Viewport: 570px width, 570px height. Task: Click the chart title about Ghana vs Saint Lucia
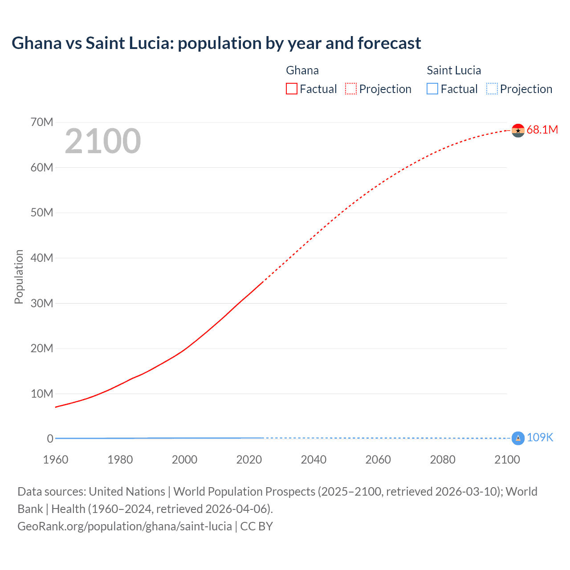click(216, 43)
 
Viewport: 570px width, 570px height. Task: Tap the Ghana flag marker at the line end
click(518, 130)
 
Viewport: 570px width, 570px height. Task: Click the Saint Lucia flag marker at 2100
click(518, 438)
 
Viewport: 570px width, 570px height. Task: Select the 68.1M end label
click(542, 130)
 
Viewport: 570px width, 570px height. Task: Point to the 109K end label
click(540, 438)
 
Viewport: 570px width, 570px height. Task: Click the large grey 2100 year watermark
click(103, 141)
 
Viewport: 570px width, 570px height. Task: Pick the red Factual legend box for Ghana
click(292, 89)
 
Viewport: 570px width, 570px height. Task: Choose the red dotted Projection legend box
click(351, 89)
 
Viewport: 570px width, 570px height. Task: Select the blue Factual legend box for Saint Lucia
click(432, 89)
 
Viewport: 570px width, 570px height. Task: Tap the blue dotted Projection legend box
click(492, 89)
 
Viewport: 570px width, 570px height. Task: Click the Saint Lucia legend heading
click(454, 70)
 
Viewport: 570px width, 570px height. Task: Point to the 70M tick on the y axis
click(42, 122)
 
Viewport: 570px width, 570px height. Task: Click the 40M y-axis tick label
click(42, 258)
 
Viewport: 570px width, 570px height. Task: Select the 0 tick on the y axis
click(50, 439)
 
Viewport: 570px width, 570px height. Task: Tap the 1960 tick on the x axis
click(56, 460)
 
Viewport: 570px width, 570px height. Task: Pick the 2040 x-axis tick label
click(313, 460)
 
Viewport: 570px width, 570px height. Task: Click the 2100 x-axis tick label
click(507, 460)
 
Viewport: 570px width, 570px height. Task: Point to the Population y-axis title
click(19, 277)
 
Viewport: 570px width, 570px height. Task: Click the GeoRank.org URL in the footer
click(125, 526)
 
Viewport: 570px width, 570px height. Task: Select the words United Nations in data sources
click(127, 492)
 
